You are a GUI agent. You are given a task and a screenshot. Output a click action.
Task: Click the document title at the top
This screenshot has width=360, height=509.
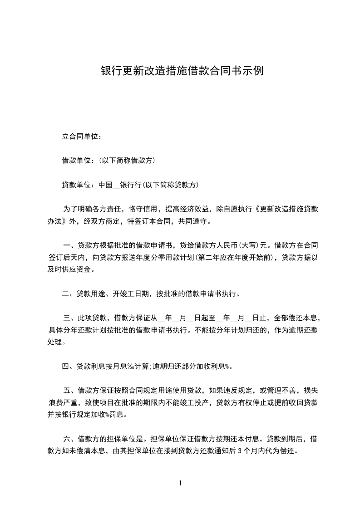182,71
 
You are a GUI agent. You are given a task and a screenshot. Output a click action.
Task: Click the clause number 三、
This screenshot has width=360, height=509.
70,318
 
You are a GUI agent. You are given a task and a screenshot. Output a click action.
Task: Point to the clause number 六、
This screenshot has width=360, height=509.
70,439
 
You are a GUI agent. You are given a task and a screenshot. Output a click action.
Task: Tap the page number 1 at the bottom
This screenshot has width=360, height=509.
180,483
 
